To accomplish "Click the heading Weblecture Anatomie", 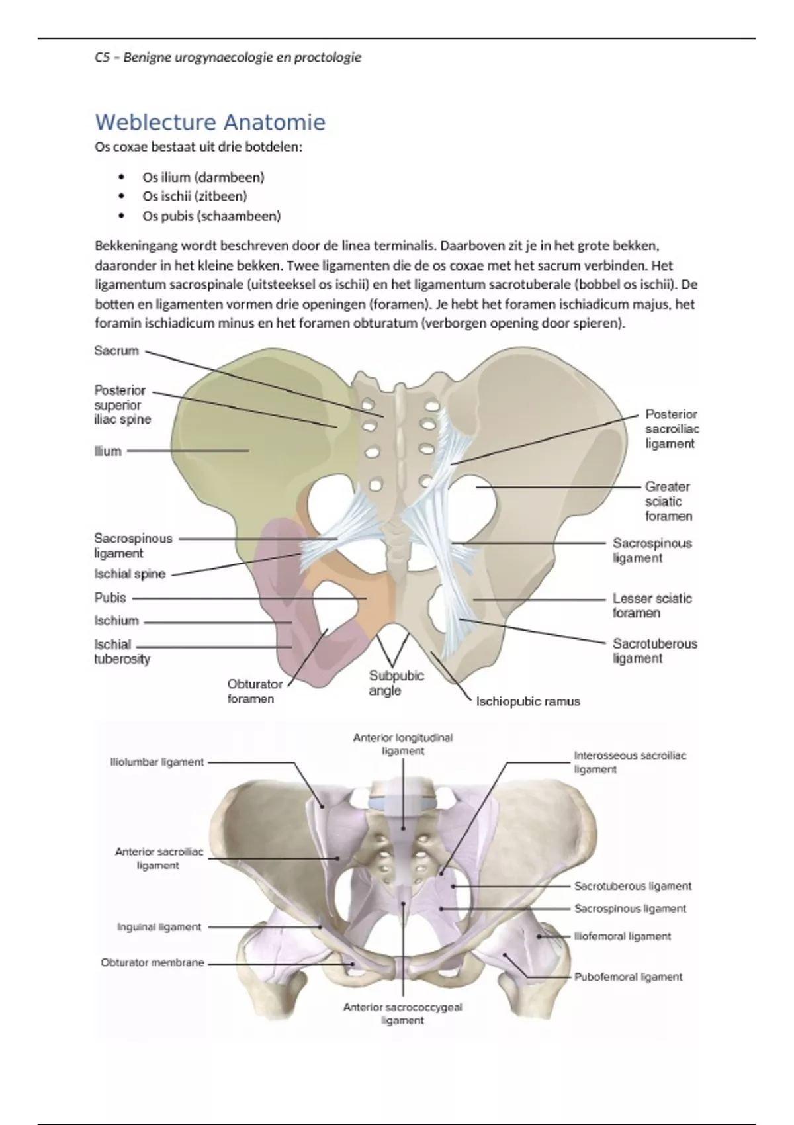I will pos(210,122).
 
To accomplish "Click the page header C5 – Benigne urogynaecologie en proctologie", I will pos(228,58).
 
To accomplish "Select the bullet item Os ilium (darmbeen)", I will pos(203,177).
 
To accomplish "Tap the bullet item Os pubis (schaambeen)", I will pos(211,216).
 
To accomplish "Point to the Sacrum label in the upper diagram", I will pos(116,351).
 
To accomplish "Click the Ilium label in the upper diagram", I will pos(108,451).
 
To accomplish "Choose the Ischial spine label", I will pos(130,574).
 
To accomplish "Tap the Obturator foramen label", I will pos(254,692).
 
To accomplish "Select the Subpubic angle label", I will pos(396,683).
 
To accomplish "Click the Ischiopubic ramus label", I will pos(528,701).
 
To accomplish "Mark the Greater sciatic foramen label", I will pos(668,502).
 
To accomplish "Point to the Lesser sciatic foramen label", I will pos(652,606).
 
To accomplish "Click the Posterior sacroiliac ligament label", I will pos(671,429).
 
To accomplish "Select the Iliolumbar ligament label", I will pos(157,762).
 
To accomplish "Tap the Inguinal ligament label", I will pos(159,928).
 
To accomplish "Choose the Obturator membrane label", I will pos(152,963).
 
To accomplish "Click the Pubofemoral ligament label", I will pos(628,977).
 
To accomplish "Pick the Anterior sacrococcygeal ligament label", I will pos(402,1014).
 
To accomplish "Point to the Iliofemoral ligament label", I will pos(622,937).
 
